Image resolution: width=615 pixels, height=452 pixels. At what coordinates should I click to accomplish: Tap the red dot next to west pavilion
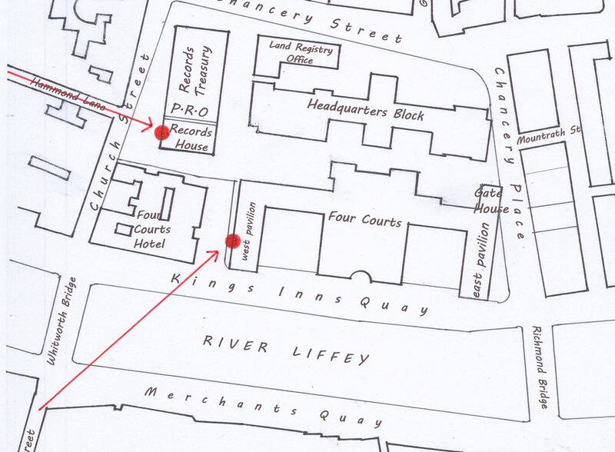click(231, 241)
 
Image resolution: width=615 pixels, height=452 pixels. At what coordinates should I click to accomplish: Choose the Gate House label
click(490, 202)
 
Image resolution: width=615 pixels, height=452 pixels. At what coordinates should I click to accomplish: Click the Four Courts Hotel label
click(149, 229)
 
